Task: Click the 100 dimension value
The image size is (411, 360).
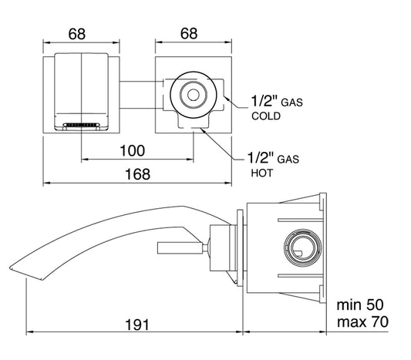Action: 132,150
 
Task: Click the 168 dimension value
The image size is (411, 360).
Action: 137,174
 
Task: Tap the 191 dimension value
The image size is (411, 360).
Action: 137,325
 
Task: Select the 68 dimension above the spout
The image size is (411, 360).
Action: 77,34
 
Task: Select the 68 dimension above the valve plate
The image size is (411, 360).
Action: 189,34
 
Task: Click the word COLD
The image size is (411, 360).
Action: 266,116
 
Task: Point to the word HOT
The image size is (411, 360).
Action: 262,173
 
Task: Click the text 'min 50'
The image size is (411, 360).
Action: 360,304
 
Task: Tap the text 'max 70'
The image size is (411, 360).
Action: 362,321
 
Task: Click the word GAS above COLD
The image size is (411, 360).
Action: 291,103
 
